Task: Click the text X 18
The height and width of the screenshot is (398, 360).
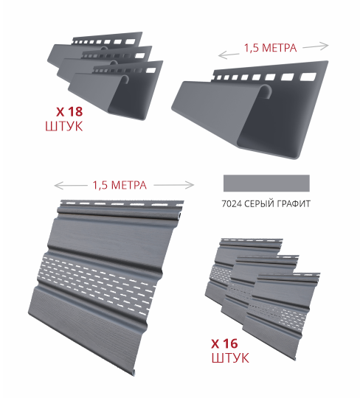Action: tap(69, 112)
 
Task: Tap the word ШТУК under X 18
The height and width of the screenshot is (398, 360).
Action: tap(64, 126)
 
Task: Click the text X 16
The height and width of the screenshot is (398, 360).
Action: tap(224, 343)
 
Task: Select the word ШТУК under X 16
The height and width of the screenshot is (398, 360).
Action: tap(230, 357)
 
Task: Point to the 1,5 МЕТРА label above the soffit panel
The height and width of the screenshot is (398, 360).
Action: tap(120, 185)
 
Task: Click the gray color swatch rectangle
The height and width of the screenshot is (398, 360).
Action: tap(266, 183)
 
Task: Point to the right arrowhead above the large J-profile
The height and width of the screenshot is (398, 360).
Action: tap(325, 46)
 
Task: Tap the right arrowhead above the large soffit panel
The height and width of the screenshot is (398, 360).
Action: tap(191, 185)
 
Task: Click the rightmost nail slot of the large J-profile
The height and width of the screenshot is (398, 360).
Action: tap(308, 77)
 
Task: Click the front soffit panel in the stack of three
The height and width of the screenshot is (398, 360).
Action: tap(282, 315)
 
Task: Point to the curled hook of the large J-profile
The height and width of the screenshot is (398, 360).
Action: tap(266, 91)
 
